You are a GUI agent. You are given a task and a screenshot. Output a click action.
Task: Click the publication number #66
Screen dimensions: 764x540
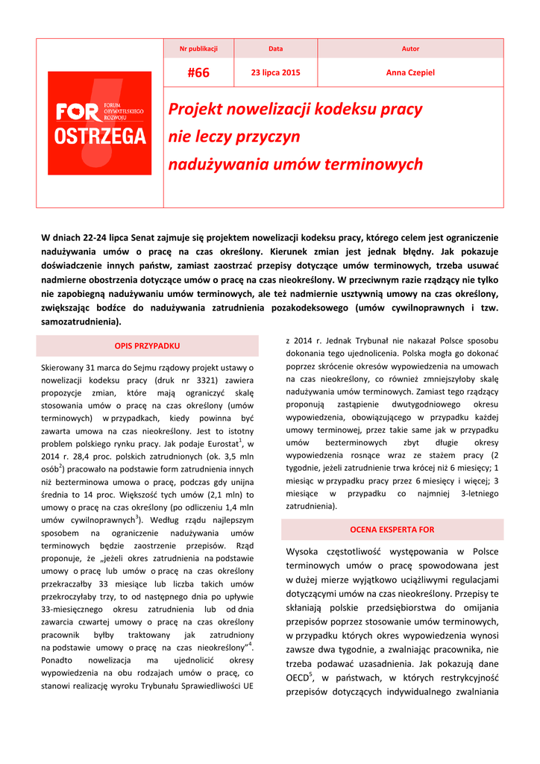198,72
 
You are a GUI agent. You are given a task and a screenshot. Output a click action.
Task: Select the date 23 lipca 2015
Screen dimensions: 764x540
276,72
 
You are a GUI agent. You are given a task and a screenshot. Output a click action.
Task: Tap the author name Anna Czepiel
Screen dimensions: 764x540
410,72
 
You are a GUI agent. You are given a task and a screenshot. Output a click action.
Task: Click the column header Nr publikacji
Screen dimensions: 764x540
198,48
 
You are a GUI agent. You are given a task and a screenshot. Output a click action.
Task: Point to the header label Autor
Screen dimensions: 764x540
410,48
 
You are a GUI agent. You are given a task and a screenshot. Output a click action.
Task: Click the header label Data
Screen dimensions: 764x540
276,48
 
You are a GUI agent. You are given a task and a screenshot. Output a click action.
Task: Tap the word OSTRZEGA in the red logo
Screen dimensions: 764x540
100,137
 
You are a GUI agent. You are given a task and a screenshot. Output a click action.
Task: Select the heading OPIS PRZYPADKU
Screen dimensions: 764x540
147,346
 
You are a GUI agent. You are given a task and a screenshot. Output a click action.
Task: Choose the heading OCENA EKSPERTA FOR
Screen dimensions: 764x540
392,530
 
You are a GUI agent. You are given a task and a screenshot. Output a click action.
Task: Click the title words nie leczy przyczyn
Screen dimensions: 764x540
233,137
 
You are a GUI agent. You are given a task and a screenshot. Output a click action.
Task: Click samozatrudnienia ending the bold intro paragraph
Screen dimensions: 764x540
80,322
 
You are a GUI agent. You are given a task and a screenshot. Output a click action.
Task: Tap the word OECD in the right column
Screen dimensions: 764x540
298,678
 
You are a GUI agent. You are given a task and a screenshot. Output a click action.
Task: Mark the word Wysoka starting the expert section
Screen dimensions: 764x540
303,551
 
